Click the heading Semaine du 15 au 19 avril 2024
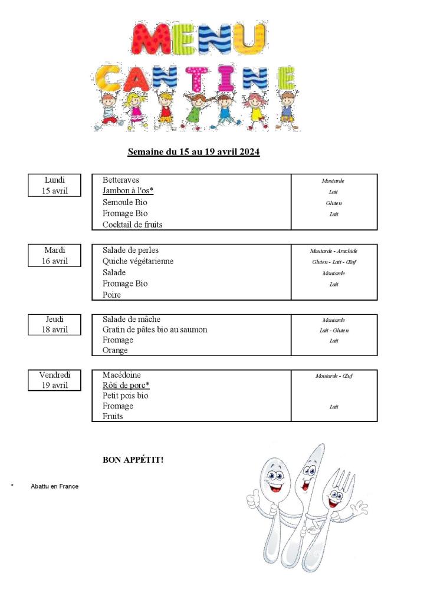coord(193,152)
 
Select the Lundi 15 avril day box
coord(54,185)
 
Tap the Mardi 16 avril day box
coord(54,256)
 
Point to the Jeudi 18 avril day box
coord(54,325)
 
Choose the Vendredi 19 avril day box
coord(54,380)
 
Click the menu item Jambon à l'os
coord(127,191)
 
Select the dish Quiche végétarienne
coord(138,261)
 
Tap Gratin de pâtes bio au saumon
coord(155,329)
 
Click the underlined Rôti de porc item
coord(126,385)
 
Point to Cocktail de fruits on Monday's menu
coord(132,225)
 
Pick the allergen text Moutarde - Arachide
coord(334,251)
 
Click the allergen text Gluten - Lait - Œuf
coord(334,262)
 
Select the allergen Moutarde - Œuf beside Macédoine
coord(334,376)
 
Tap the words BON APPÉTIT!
coord(133,459)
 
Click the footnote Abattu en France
coord(54,486)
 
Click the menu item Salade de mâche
coord(131,319)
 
